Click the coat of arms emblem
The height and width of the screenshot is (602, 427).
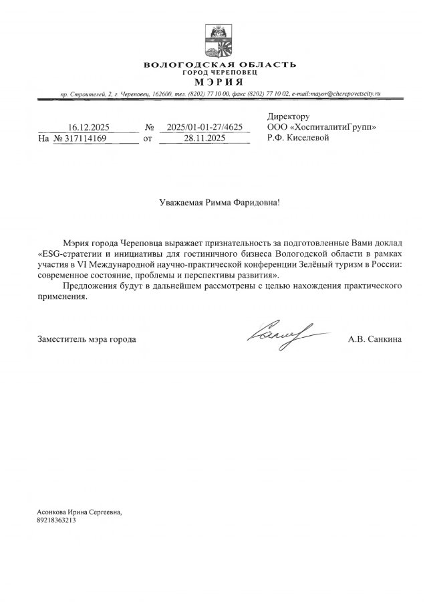coord(219,41)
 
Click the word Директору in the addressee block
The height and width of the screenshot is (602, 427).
coord(289,116)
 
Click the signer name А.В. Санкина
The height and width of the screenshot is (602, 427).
coord(375,340)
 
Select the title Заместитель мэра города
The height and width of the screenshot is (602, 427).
coord(87,340)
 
